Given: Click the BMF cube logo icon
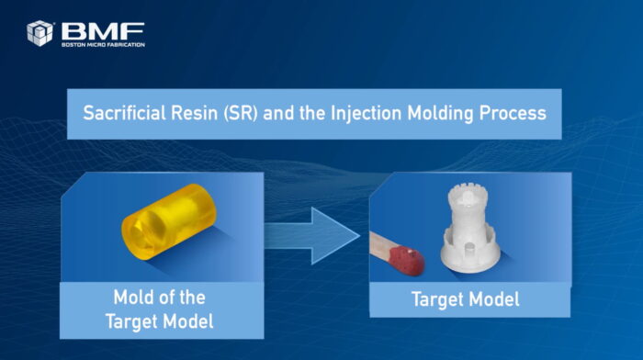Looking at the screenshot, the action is click(x=39, y=33).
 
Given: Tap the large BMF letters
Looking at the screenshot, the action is click(x=103, y=31).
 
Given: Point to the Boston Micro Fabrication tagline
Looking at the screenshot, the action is click(x=103, y=44).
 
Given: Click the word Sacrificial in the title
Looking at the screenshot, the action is click(x=124, y=113).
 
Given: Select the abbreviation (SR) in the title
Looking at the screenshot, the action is click(x=241, y=113).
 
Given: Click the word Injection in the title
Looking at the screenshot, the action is click(x=366, y=114).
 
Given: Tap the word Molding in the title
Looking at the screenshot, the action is click(x=440, y=114).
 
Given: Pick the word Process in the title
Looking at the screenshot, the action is click(x=513, y=114).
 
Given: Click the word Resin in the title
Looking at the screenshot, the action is click(x=194, y=113).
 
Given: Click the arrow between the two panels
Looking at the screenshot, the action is click(x=311, y=236).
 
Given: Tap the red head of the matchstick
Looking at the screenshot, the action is click(x=407, y=261).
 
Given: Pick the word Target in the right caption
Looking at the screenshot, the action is click(x=437, y=299).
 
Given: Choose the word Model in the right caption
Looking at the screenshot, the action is click(x=494, y=298).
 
